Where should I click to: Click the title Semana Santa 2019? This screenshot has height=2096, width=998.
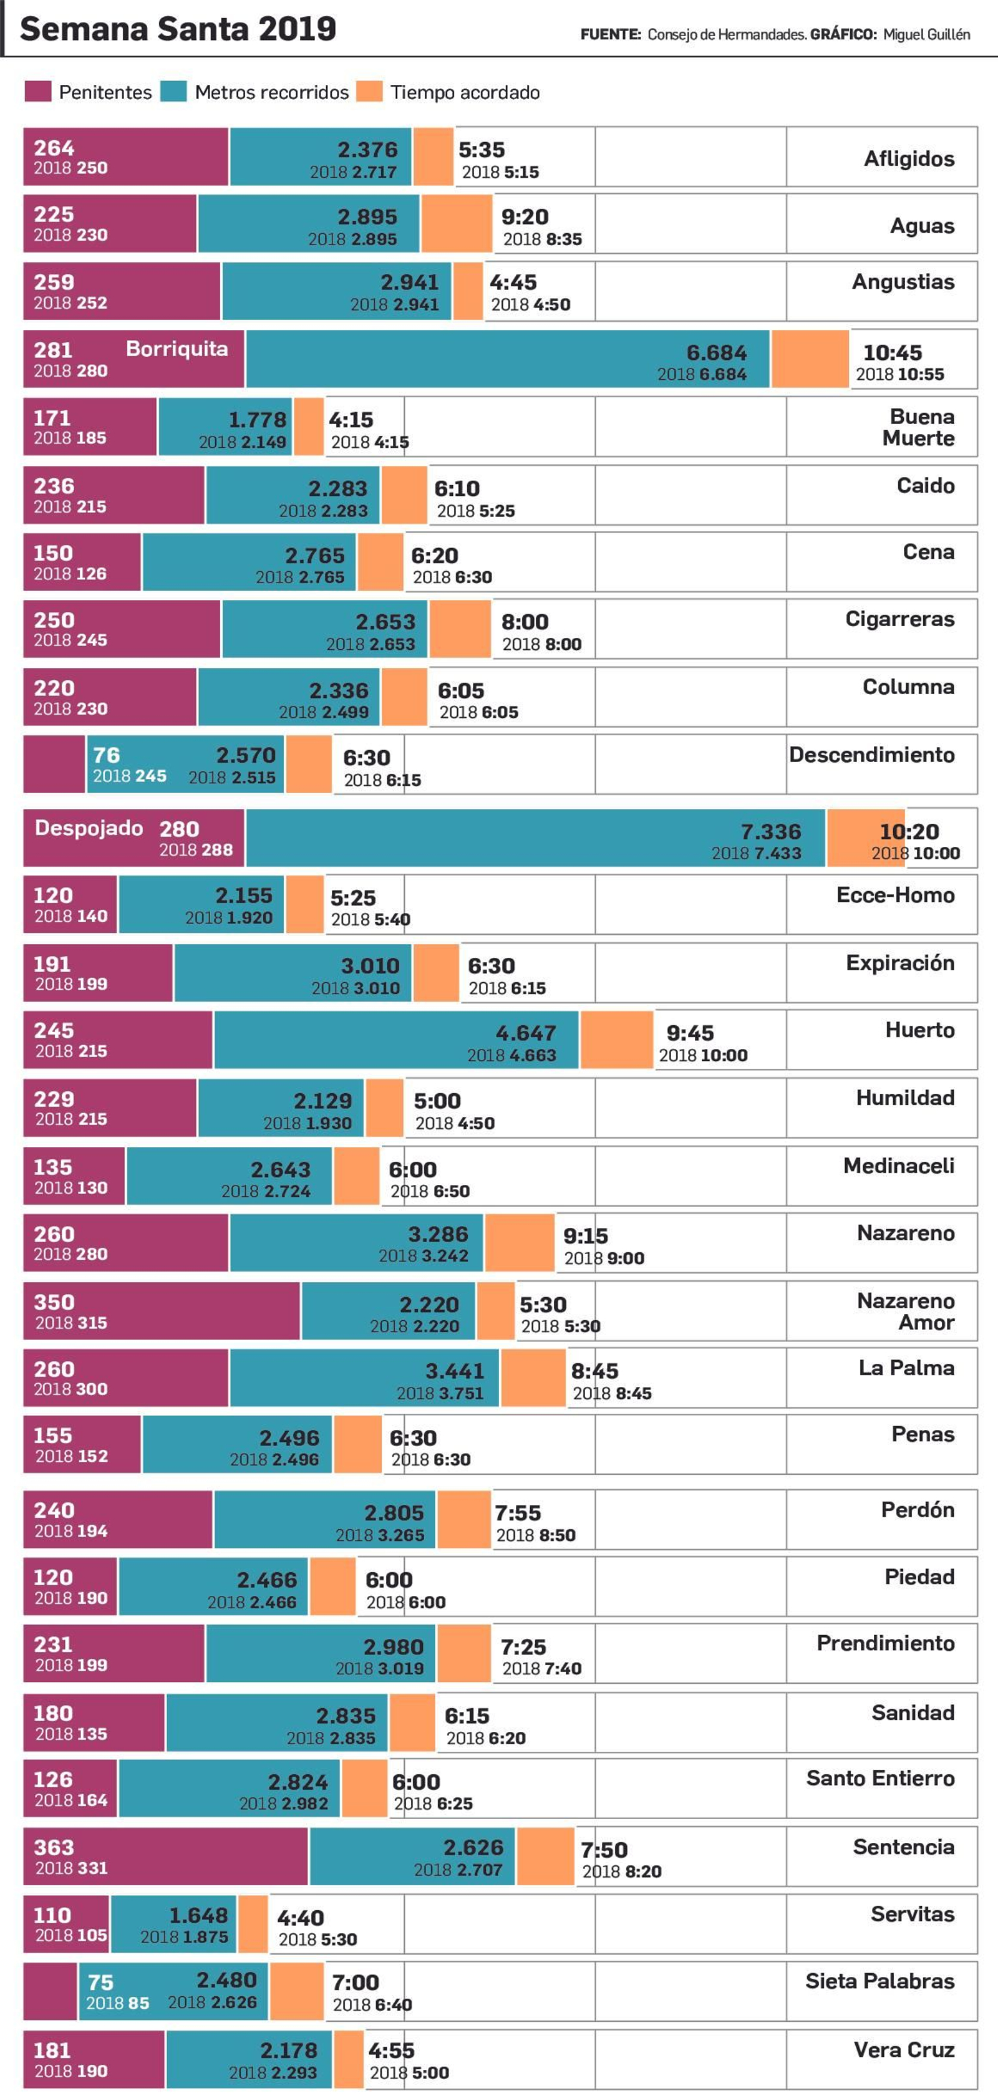[178, 29]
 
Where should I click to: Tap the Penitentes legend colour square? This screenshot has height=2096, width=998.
[37, 91]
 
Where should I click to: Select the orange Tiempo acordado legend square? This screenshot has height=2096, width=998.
[369, 91]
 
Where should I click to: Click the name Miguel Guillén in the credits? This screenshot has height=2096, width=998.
[926, 34]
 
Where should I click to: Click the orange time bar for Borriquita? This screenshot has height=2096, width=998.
[810, 359]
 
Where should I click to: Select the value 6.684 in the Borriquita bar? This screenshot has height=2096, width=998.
[715, 352]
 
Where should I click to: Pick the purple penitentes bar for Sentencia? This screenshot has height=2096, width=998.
[165, 1856]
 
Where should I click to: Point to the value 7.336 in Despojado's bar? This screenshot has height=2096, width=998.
[770, 831]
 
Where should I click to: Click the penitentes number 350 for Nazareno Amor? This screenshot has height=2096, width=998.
[54, 1302]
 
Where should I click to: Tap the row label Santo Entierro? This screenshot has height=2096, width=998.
[880, 1778]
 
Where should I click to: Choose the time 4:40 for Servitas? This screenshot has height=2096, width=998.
[301, 1918]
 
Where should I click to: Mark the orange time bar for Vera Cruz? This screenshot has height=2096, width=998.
[349, 2058]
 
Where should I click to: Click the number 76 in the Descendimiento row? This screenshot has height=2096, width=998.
[106, 755]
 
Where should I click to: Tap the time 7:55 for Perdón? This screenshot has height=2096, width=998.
[517, 1513]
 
